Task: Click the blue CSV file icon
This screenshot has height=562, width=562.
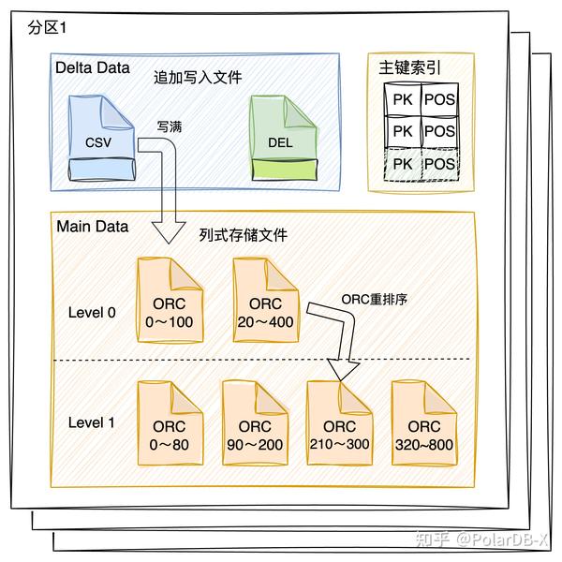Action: pyautogui.click(x=100, y=141)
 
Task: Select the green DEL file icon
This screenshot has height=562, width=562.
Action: pyautogui.click(x=283, y=141)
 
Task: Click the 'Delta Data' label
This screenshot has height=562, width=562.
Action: pyautogui.click(x=92, y=69)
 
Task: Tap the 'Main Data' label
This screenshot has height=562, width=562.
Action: pyautogui.click(x=92, y=227)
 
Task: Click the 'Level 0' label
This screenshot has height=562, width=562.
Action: pyautogui.click(x=92, y=312)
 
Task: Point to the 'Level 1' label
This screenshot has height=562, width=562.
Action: pyautogui.click(x=92, y=422)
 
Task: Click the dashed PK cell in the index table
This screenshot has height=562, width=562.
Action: pyautogui.click(x=402, y=164)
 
